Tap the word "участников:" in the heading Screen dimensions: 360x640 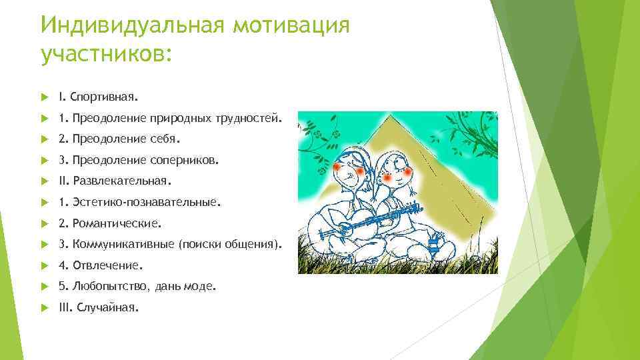point(107,55)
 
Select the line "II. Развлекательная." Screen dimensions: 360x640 point(115,181)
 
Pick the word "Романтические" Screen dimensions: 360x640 point(117,223)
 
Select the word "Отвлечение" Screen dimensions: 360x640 point(106,265)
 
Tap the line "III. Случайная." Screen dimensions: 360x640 point(99,307)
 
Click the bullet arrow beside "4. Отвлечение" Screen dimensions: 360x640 point(45,265)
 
